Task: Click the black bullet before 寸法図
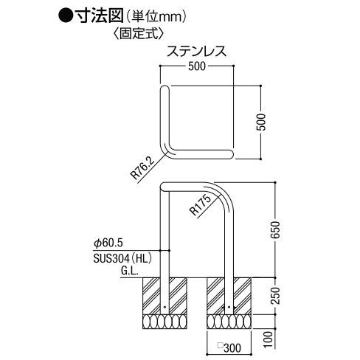[x=66, y=15]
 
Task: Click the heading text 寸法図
[x=99, y=15]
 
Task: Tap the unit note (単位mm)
[x=156, y=16]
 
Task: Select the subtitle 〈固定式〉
[x=139, y=33]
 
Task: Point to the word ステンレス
[x=196, y=52]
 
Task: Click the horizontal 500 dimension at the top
[x=197, y=66]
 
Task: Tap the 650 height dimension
[x=275, y=229]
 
